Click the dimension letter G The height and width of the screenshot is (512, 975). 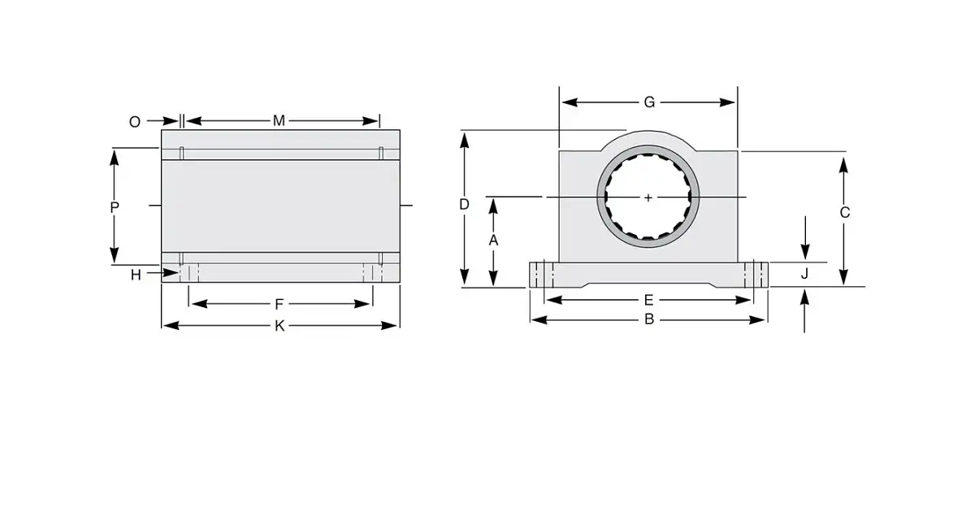pyautogui.click(x=649, y=102)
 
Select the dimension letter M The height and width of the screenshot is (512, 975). pyautogui.click(x=279, y=121)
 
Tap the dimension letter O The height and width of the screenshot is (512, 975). pyautogui.click(x=135, y=121)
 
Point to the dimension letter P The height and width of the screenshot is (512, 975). pyautogui.click(x=115, y=207)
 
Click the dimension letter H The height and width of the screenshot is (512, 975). pyautogui.click(x=136, y=275)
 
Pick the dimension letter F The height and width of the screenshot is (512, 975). pyautogui.click(x=279, y=305)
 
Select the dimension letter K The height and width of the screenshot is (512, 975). pyautogui.click(x=279, y=326)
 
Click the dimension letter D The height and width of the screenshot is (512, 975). pyautogui.click(x=464, y=204)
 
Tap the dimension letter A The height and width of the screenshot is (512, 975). pyautogui.click(x=492, y=241)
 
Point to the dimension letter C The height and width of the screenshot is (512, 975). pyautogui.click(x=844, y=213)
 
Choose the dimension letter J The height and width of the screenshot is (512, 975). pyautogui.click(x=804, y=274)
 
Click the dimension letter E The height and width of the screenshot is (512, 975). pyautogui.click(x=648, y=300)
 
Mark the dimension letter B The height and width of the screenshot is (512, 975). pyautogui.click(x=648, y=319)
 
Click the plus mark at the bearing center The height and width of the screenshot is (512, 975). pyautogui.click(x=648, y=197)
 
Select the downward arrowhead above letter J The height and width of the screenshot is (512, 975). pyautogui.click(x=804, y=252)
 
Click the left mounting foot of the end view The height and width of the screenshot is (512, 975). pyautogui.click(x=542, y=275)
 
